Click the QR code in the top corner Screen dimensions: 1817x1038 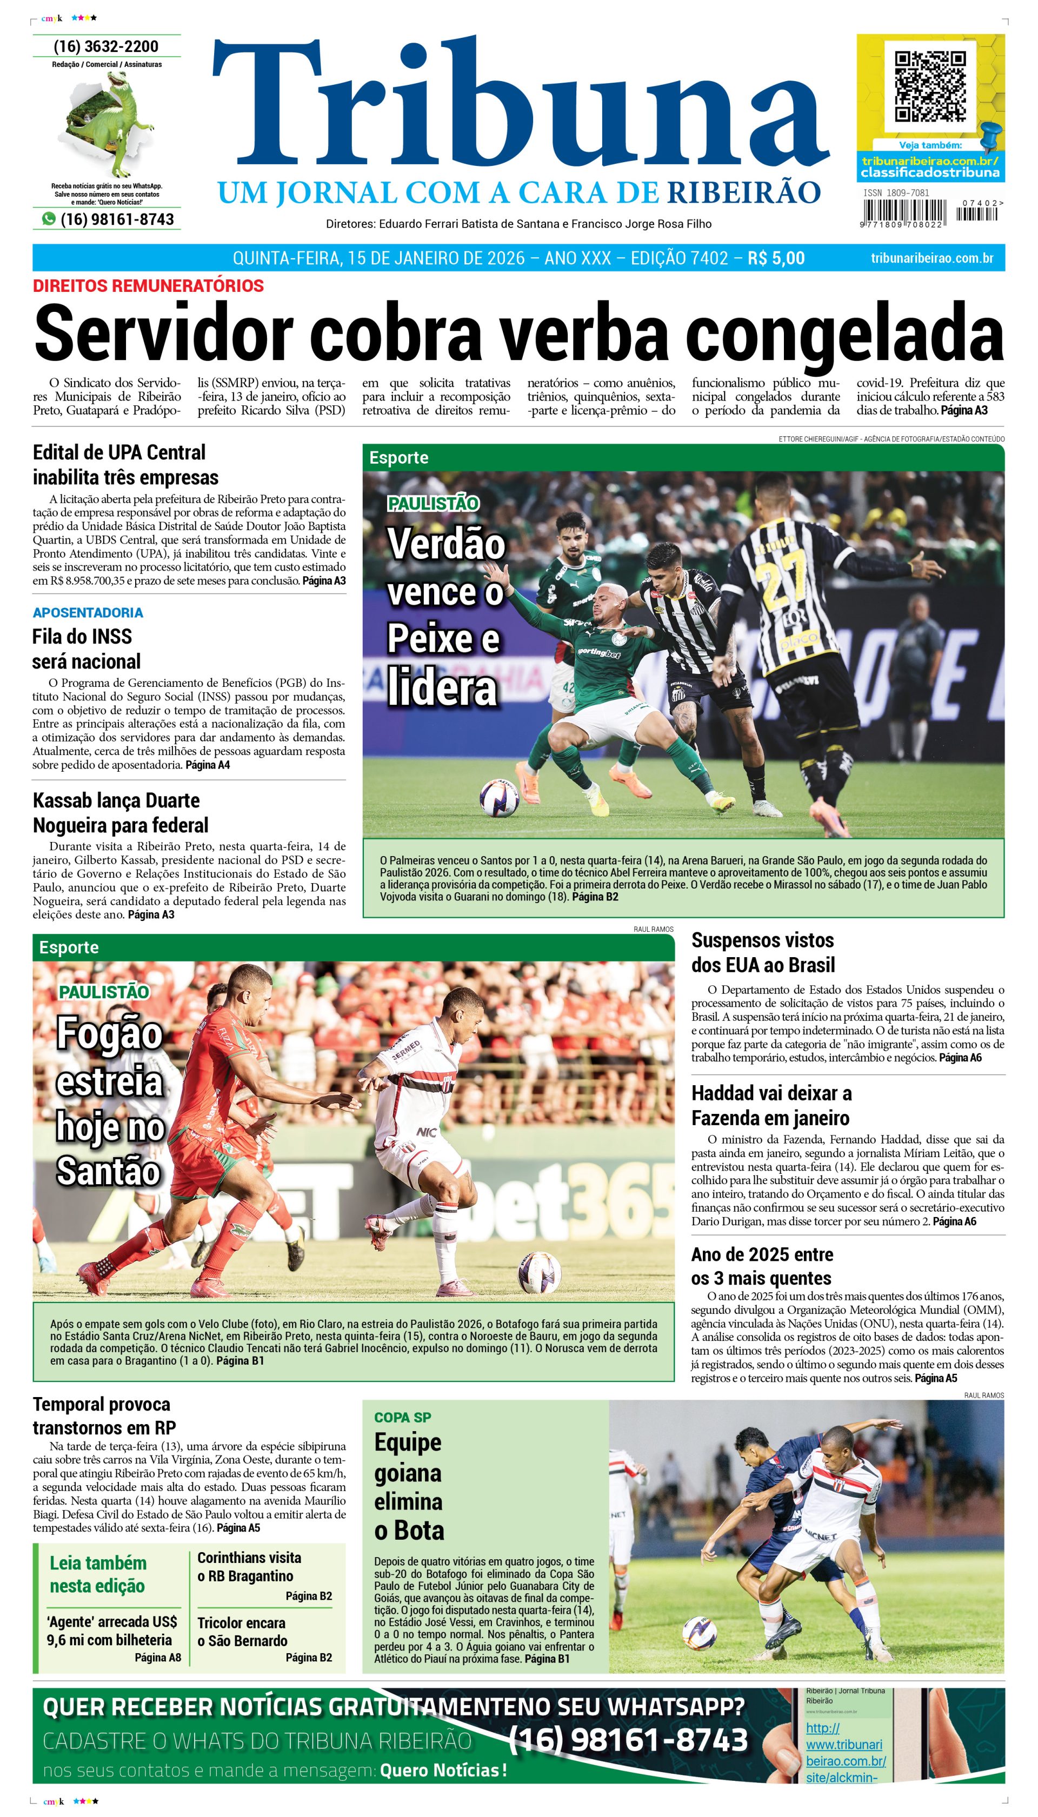(930, 85)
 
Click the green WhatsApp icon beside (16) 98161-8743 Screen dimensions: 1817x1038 (49, 219)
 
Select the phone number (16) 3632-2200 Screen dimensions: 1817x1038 (106, 46)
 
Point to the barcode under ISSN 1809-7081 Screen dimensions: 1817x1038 (904, 212)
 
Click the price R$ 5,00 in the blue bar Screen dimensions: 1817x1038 (776, 258)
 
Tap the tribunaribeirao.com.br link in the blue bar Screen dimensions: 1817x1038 (932, 258)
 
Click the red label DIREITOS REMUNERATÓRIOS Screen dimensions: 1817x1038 (148, 286)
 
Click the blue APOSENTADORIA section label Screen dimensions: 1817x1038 (88, 613)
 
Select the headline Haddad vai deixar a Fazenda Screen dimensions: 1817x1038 (771, 1105)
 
